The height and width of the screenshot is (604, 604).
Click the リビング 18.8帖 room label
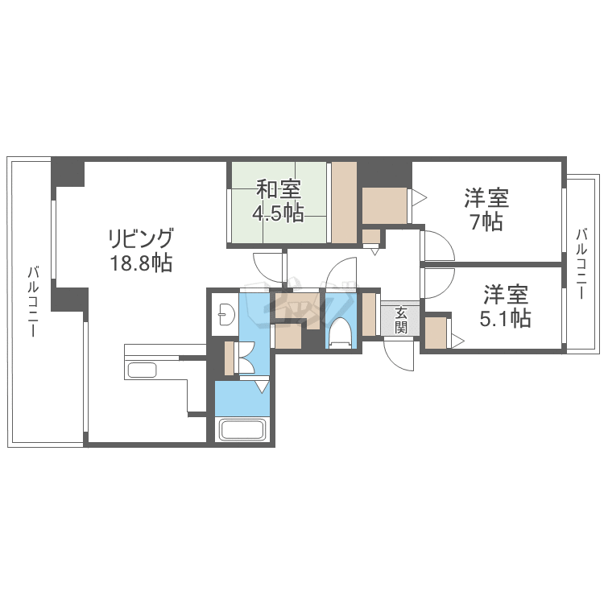pyautogui.click(x=141, y=250)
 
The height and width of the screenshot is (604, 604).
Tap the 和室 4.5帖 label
pyautogui.click(x=278, y=201)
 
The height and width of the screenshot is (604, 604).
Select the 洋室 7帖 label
pyautogui.click(x=485, y=209)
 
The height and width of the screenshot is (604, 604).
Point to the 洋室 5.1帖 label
pyautogui.click(x=505, y=307)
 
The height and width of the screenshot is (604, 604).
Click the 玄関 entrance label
pyautogui.click(x=400, y=319)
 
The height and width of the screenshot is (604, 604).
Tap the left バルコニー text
pyautogui.click(x=33, y=302)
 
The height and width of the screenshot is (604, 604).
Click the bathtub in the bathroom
pyautogui.click(x=242, y=429)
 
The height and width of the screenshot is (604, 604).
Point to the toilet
pyautogui.click(x=341, y=333)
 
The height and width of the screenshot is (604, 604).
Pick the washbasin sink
pyautogui.click(x=225, y=313)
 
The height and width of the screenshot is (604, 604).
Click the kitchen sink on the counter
pyautogui.click(x=143, y=370)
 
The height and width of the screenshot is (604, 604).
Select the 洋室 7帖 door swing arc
pyautogui.click(x=437, y=246)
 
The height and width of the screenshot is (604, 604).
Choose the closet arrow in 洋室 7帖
pyautogui.click(x=418, y=197)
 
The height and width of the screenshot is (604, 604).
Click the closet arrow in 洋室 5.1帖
pyautogui.click(x=457, y=341)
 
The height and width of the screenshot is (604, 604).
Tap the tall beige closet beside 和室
pyautogui.click(x=344, y=202)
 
